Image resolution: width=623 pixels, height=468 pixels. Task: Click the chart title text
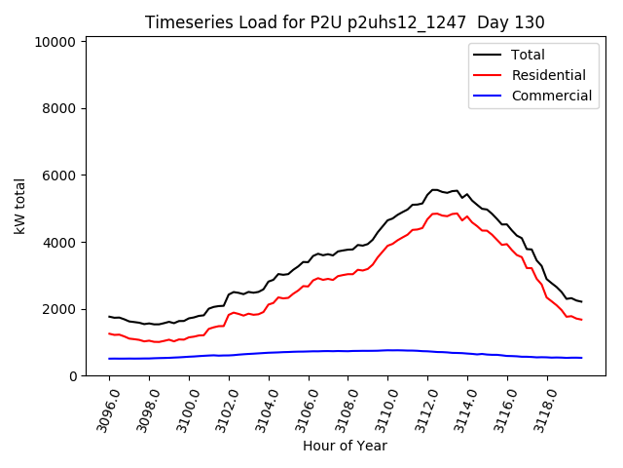coord(345,22)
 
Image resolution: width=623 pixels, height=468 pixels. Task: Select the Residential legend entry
coord(548,75)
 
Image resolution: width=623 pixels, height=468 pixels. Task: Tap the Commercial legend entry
coord(551,96)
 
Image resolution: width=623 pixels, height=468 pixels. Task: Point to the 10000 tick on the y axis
coord(55,42)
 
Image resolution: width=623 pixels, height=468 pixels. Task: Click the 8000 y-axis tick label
coord(59,109)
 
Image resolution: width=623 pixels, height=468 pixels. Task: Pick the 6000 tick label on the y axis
coord(59,175)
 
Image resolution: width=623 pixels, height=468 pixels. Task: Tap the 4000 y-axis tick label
coord(59,243)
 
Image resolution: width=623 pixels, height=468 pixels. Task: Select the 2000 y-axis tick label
coord(59,309)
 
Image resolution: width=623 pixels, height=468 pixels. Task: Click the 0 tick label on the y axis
coord(72,376)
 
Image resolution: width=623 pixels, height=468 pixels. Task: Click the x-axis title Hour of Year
coord(345,447)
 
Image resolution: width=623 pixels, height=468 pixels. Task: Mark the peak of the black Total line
coord(434,190)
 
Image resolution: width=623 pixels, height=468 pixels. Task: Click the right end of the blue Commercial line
coord(581,358)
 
